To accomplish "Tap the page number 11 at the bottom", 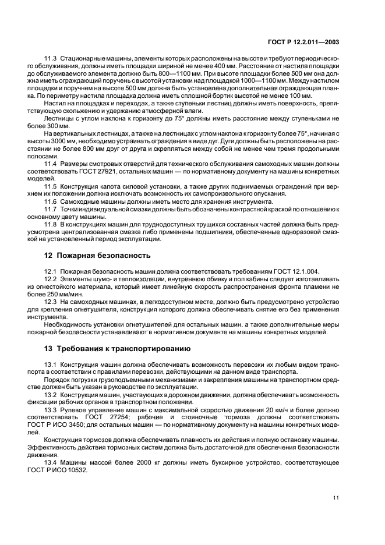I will (335, 497).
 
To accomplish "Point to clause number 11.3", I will (51, 59).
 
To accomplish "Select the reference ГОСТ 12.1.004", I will (295, 271).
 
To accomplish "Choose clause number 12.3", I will (51, 303).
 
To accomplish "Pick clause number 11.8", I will (51, 225).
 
